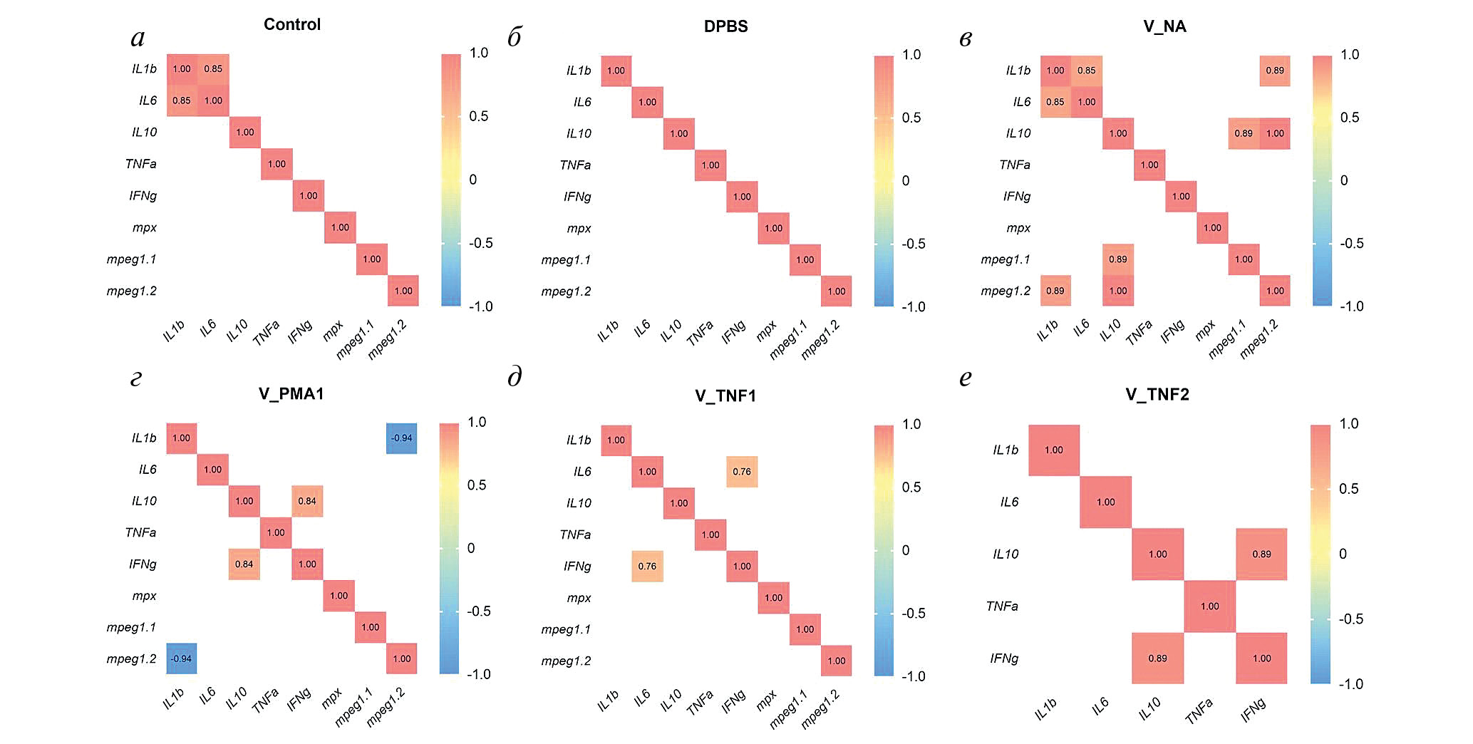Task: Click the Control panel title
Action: (292, 25)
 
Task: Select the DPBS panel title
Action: (725, 27)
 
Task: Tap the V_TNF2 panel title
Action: (1157, 395)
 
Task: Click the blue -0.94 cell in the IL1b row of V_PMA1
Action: (402, 438)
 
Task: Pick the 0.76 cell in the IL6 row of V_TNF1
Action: (742, 472)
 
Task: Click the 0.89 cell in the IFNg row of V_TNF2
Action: (1157, 658)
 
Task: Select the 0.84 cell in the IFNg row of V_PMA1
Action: (244, 564)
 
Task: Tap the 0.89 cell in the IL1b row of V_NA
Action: (1275, 71)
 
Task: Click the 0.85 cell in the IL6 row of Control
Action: (182, 100)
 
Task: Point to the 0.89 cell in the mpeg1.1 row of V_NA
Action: (1118, 259)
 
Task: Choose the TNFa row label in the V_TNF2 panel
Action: (1002, 606)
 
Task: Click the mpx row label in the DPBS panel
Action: (579, 229)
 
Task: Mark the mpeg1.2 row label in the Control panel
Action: (132, 291)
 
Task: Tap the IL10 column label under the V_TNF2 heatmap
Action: (1149, 709)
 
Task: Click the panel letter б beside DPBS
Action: (515, 37)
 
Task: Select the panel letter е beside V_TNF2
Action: (966, 378)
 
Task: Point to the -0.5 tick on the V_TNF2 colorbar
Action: (1350, 619)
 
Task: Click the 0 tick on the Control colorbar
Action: (472, 180)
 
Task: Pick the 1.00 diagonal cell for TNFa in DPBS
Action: (710, 165)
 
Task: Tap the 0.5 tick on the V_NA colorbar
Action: (1349, 118)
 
